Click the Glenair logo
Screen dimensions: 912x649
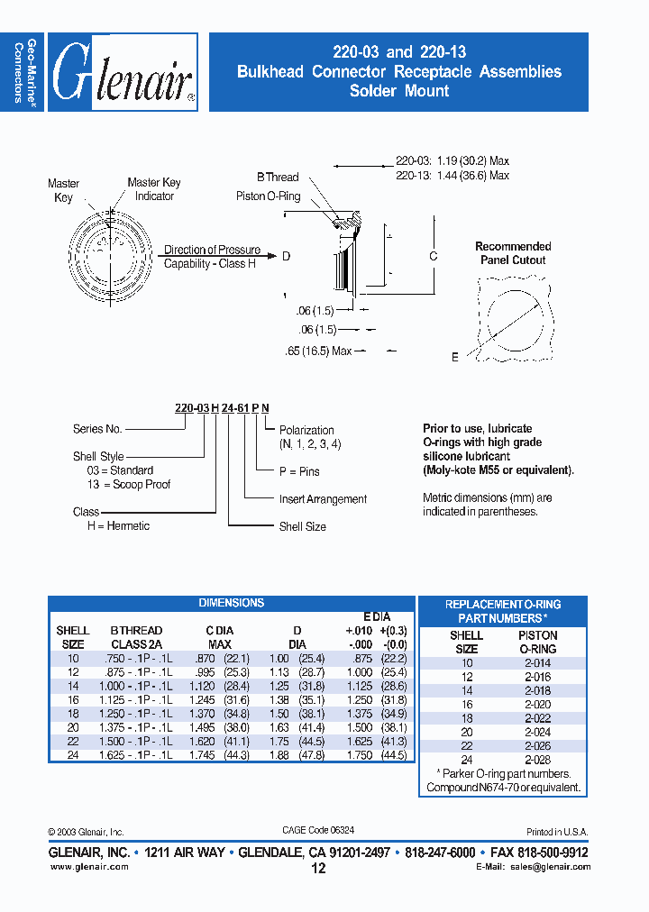123,73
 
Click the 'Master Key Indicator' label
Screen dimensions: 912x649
154,189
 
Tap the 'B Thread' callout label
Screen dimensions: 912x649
277,178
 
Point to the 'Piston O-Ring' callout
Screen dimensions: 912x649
269,196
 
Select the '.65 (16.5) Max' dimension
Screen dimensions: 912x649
324,351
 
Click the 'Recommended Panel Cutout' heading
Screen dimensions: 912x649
513,253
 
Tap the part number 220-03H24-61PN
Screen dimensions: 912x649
221,408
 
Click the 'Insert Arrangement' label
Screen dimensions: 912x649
323,499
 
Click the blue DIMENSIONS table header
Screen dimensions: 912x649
232,603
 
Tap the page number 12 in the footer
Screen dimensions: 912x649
318,869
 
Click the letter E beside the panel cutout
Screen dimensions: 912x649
455,358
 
